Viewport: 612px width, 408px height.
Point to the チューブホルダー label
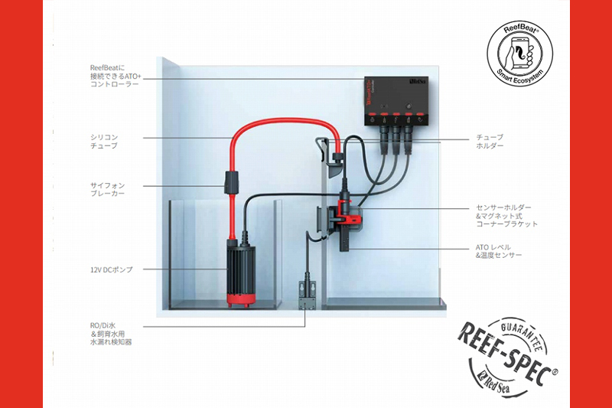[x=490, y=142]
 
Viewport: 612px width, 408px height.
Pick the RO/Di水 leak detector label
[x=112, y=333]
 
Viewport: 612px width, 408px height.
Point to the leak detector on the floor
[x=306, y=295]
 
